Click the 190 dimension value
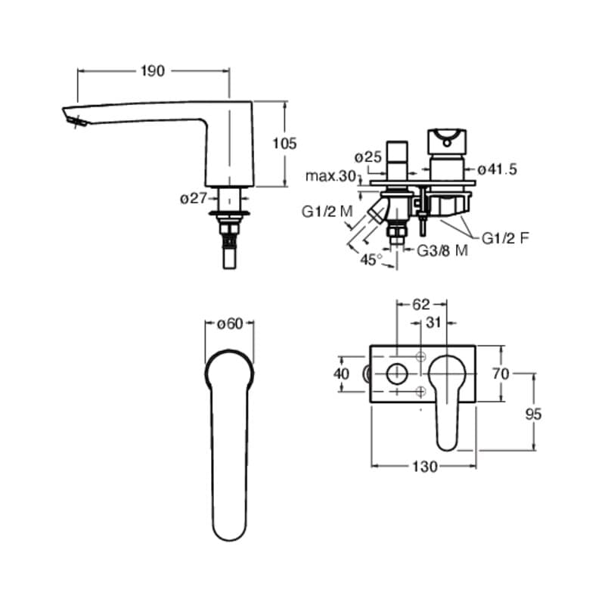point(153,71)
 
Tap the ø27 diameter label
point(194,199)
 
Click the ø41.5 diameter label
point(497,170)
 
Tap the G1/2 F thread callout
point(506,237)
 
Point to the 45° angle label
point(371,259)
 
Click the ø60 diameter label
point(229,324)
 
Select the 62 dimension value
point(421,304)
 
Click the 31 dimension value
point(434,323)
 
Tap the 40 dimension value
point(341,374)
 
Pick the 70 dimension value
point(500,373)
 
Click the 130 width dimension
point(425,467)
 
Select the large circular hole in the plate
point(396,373)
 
